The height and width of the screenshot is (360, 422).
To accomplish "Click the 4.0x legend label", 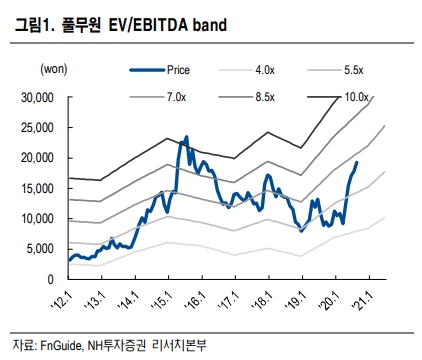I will pyautogui.click(x=265, y=70).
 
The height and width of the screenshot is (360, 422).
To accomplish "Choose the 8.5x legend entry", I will pyautogui.click(x=265, y=97).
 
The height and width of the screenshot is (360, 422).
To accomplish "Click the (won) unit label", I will pyautogui.click(x=54, y=69).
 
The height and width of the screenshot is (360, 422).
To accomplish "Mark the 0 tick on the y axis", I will pyautogui.click(x=51, y=279).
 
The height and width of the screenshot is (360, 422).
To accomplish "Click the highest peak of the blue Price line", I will pyautogui.click(x=185, y=138).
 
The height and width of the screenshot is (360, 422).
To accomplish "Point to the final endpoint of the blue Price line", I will pyautogui.click(x=358, y=162).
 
